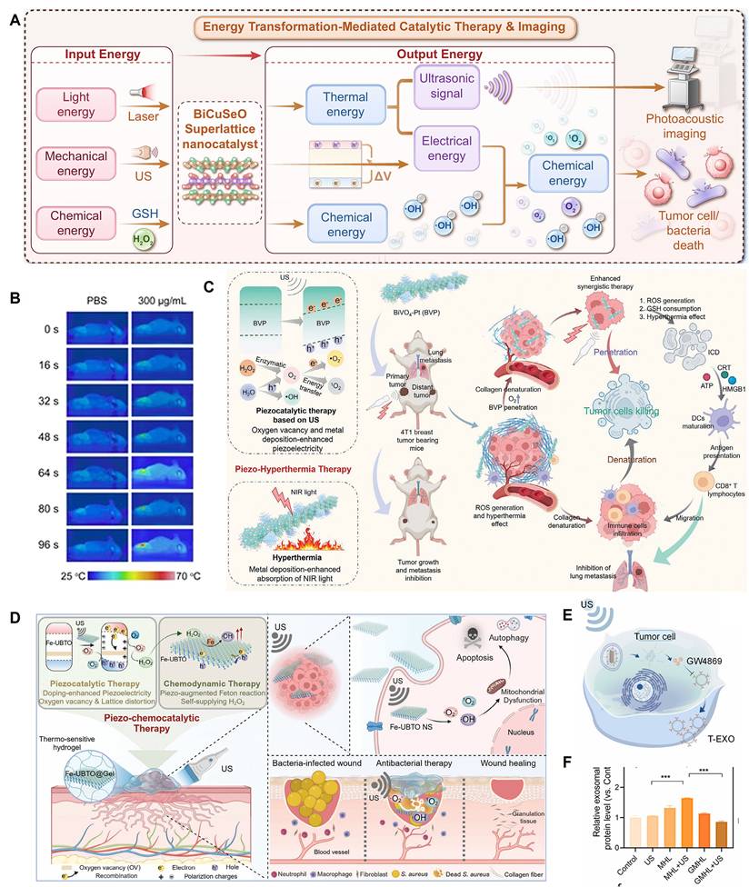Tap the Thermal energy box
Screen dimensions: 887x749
click(338, 105)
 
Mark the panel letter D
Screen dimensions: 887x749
click(15, 618)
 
